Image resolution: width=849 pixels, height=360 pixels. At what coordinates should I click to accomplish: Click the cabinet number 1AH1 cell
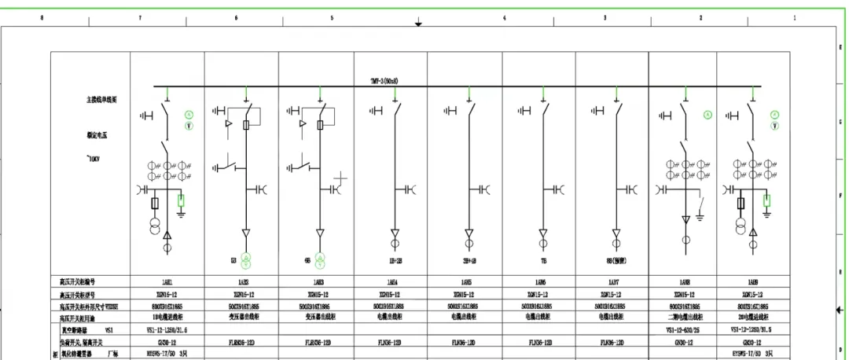166,281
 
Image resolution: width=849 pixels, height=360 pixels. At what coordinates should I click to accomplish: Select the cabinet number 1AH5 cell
464,281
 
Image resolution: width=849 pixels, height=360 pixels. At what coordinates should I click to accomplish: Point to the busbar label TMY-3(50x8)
384,80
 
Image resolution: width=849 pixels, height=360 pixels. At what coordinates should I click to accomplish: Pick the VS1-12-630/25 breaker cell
682,330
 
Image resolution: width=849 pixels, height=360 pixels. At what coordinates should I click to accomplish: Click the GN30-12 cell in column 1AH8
682,343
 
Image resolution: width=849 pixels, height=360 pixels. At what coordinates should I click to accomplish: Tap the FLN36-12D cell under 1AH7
612,343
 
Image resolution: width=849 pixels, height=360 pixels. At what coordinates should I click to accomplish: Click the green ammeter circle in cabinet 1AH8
707,116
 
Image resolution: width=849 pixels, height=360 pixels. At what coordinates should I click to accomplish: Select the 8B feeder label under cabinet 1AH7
612,259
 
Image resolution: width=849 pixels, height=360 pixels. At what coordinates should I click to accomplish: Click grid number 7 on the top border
140,17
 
